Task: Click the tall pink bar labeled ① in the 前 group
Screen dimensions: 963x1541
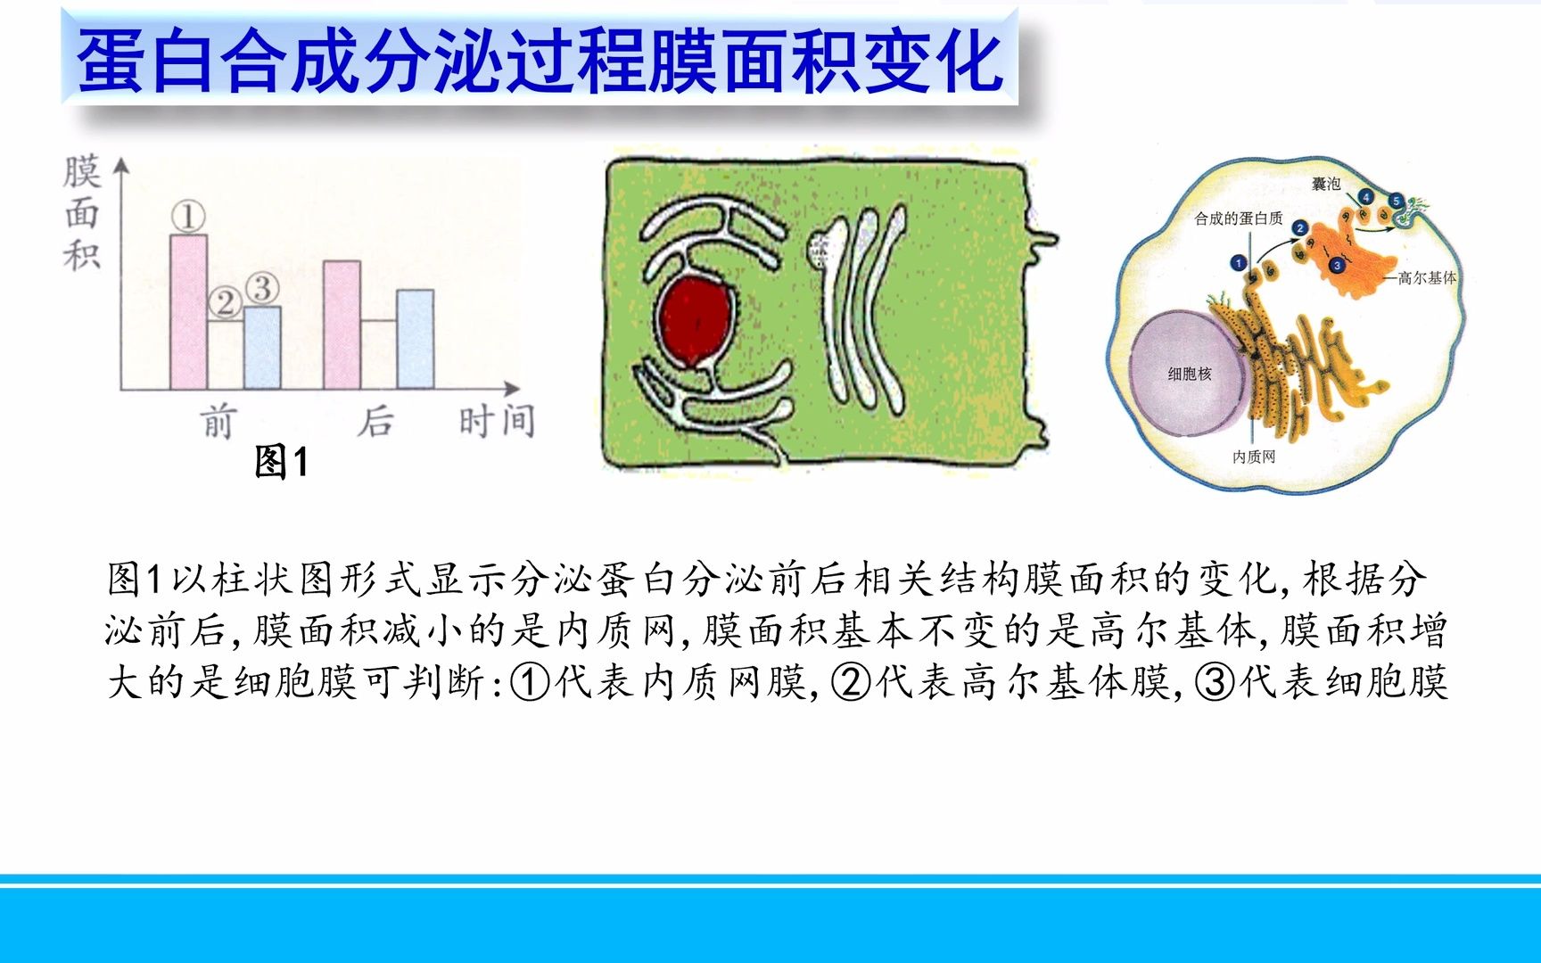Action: coord(188,312)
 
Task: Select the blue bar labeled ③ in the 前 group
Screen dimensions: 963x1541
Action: coord(262,348)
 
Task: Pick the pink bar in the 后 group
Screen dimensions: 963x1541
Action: coord(342,325)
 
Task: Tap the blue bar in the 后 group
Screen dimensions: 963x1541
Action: coord(415,340)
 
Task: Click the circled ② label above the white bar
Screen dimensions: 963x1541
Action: coord(225,303)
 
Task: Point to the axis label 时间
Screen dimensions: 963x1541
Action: coord(497,421)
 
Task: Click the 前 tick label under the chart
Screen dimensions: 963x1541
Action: coord(218,421)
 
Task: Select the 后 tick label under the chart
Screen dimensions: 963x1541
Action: coord(375,421)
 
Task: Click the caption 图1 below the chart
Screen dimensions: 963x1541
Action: coord(281,462)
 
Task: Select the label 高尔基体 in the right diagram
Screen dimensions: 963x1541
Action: coord(1427,278)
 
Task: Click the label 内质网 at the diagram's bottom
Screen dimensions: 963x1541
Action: coord(1254,457)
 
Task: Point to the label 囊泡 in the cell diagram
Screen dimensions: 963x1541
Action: coord(1326,184)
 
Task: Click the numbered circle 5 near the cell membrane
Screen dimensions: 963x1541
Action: coord(1397,202)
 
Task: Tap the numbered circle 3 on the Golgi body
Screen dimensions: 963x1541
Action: coord(1337,266)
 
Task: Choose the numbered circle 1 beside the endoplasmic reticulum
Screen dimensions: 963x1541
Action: coord(1238,262)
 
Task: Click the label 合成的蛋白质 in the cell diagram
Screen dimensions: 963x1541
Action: coord(1238,218)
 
